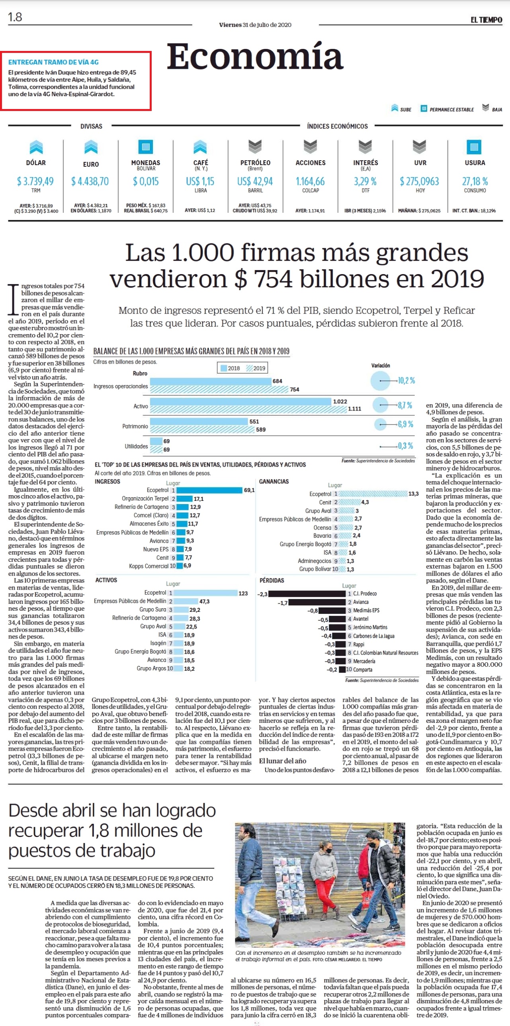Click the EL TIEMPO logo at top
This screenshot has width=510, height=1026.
pyautogui.click(x=486, y=20)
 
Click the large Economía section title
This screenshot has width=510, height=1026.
pyautogui.click(x=255, y=56)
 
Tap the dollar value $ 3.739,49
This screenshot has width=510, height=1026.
pyautogui.click(x=35, y=182)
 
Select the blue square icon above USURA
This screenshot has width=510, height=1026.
pyautogui.click(x=474, y=147)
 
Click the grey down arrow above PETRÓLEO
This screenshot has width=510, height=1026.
pyautogui.click(x=255, y=146)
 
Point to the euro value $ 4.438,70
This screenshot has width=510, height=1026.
pyautogui.click(x=90, y=182)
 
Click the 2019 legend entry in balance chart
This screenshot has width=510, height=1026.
pyautogui.click(x=256, y=368)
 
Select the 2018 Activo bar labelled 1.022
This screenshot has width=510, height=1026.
pyautogui.click(x=240, y=401)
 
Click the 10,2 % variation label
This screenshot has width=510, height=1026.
pyautogui.click(x=406, y=381)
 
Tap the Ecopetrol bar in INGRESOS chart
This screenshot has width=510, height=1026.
pyautogui.click(x=209, y=490)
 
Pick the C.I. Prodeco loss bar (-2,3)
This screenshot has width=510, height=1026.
pyautogui.click(x=307, y=594)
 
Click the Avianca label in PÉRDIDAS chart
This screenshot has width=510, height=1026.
pyautogui.click(x=361, y=602)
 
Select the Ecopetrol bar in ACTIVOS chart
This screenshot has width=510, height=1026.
pyautogui.click(x=205, y=593)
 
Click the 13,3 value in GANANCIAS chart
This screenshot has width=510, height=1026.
pyautogui.click(x=414, y=494)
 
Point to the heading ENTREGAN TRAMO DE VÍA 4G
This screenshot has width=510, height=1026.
pyautogui.click(x=53, y=62)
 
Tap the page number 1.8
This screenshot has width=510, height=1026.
pyautogui.click(x=15, y=18)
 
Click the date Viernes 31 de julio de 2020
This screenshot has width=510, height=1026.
pyautogui.click(x=255, y=25)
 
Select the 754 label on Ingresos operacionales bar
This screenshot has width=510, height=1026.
pyautogui.click(x=295, y=389)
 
